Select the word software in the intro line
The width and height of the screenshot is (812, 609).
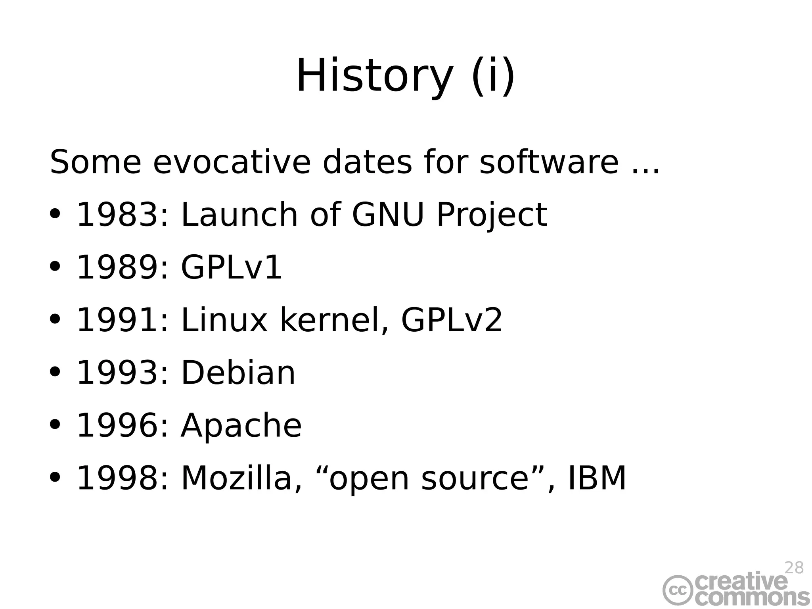(x=549, y=162)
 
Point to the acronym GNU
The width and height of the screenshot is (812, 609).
(x=388, y=215)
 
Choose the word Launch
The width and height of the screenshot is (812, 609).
(x=239, y=215)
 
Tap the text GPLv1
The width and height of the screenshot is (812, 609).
(x=232, y=267)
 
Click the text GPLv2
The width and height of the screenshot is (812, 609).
(x=452, y=320)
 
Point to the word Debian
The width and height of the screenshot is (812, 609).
(x=238, y=373)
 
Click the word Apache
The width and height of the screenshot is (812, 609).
(x=241, y=426)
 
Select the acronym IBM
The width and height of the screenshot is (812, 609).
(x=597, y=478)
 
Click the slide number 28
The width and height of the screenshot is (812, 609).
(x=794, y=568)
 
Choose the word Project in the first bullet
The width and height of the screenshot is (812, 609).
(x=492, y=215)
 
